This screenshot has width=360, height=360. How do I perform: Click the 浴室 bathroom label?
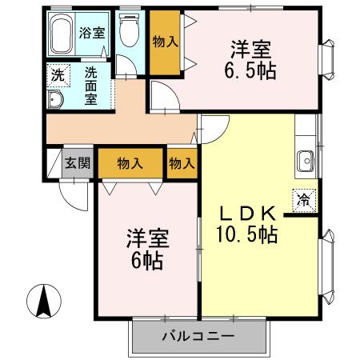(93, 33)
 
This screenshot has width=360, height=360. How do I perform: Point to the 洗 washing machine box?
(58, 76)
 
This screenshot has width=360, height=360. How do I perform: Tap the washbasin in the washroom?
(56, 99)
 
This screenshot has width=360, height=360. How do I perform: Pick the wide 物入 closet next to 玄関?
(130, 163)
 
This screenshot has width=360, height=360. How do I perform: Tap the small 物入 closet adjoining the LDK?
(182, 163)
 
